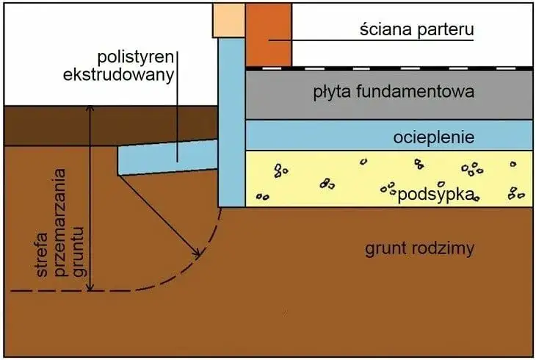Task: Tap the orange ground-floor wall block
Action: [x=269, y=35]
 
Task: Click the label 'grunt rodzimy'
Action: [x=419, y=248]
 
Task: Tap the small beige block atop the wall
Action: [x=228, y=20]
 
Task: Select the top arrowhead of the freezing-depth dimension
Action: [x=89, y=109]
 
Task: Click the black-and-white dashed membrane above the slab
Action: [x=389, y=68]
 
